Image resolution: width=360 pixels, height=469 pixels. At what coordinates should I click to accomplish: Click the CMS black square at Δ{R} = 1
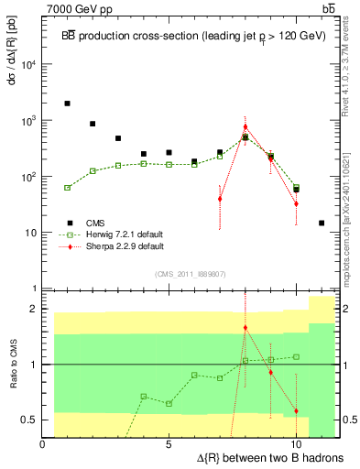68,104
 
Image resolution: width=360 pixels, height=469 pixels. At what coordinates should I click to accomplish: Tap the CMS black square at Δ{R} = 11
322,223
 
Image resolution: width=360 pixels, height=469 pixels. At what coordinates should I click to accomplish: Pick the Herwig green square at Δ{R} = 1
68,187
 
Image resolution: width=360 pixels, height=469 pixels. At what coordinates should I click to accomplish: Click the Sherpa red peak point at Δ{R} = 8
245,127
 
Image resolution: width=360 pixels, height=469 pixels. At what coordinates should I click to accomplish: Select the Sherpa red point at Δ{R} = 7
220,199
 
